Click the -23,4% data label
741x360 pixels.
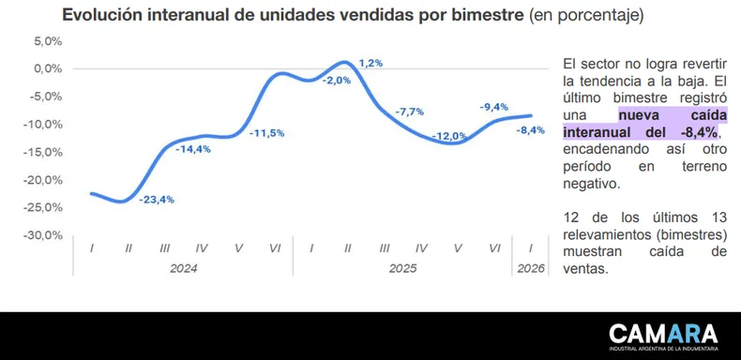click(157, 200)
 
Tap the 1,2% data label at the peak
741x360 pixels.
click(370, 63)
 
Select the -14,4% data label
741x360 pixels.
click(193, 149)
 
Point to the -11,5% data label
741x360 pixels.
click(266, 133)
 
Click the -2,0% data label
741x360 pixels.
click(337, 81)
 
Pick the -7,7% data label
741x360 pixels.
click(409, 112)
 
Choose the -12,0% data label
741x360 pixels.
click(449, 137)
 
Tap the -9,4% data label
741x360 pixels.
click(493, 107)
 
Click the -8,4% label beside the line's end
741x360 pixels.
click(530, 130)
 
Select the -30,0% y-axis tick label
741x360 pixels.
click(43, 235)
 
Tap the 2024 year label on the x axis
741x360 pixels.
click(183, 269)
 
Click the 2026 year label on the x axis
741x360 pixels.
click(531, 269)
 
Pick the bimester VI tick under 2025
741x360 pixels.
click(494, 248)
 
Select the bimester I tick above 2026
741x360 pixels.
click(531, 248)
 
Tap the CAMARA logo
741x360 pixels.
click(663, 337)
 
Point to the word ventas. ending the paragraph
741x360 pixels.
click(584, 269)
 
